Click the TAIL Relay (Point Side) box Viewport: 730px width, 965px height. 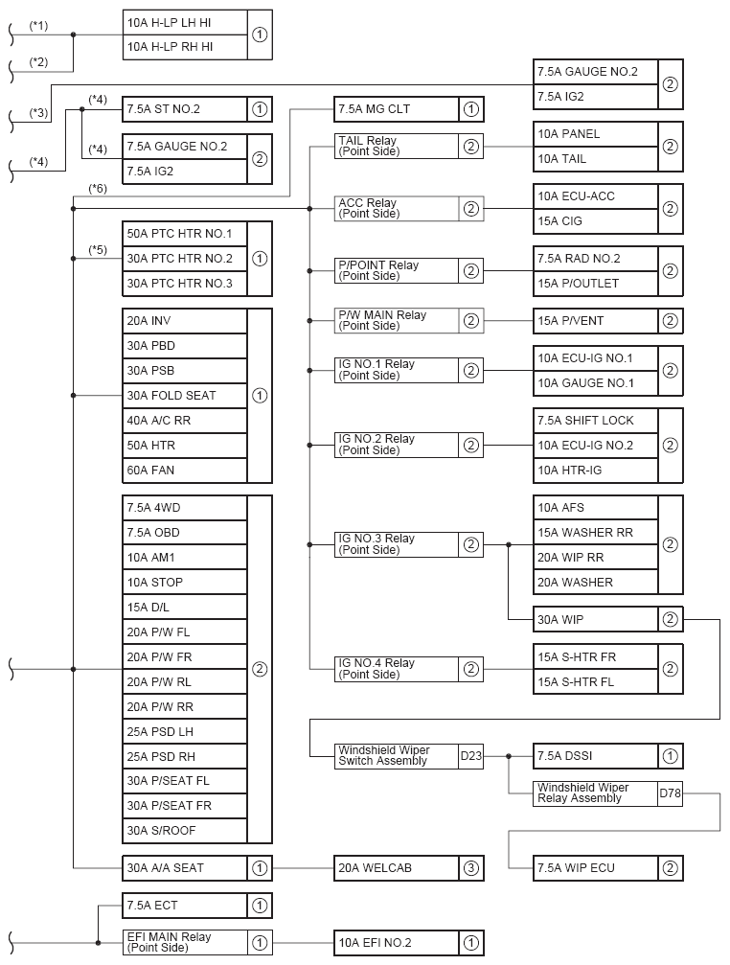point(396,147)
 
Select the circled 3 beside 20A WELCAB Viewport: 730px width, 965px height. point(470,868)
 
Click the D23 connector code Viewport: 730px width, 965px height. point(470,756)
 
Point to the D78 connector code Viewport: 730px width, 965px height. point(670,793)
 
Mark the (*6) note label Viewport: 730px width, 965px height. point(97,188)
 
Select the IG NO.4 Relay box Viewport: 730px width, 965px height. point(396,669)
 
